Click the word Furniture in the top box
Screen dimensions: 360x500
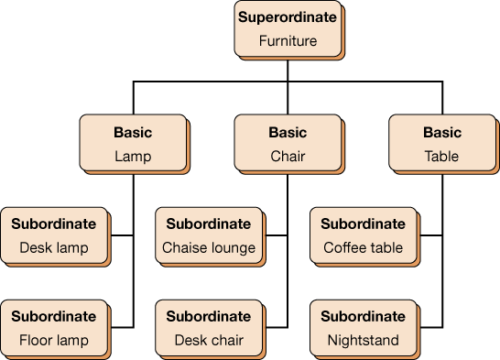click(288, 41)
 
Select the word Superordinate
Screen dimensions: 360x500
click(288, 17)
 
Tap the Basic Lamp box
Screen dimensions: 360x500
click(133, 144)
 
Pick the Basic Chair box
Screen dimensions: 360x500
click(288, 144)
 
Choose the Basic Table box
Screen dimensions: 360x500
click(442, 144)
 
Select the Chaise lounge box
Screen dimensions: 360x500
click(209, 235)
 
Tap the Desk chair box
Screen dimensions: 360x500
click(209, 328)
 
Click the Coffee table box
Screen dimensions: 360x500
click(364, 235)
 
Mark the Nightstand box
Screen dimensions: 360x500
click(364, 328)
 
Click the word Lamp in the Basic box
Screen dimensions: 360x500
click(133, 156)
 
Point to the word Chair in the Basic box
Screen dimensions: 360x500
click(288, 156)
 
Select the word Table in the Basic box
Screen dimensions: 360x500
click(442, 156)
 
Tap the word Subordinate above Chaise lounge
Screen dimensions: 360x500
click(209, 224)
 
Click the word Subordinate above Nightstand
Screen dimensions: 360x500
click(363, 316)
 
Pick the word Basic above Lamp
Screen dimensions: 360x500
click(133, 133)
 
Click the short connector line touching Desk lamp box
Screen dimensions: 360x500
click(123, 236)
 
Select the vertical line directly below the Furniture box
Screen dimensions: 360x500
click(288, 69)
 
